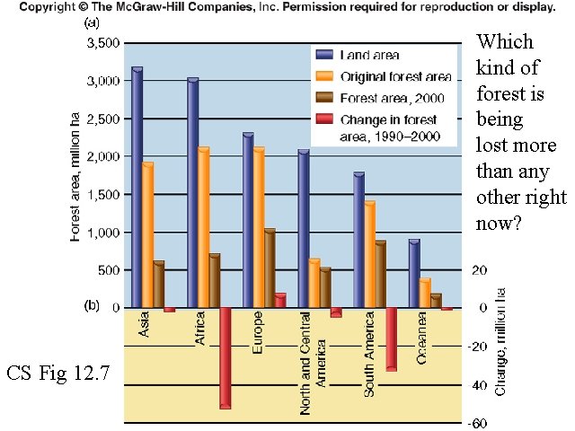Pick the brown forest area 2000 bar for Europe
[269, 268]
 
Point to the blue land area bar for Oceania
[413, 273]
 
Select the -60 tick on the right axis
[480, 423]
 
